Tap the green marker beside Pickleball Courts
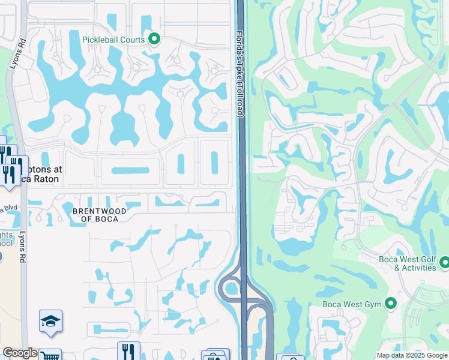(154, 40)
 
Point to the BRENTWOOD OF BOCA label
(100, 215)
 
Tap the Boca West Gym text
(352, 304)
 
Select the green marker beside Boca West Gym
(391, 304)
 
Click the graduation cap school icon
(51, 322)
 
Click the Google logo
(20, 353)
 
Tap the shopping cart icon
(50, 356)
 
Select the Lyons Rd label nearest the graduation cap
(23, 246)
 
